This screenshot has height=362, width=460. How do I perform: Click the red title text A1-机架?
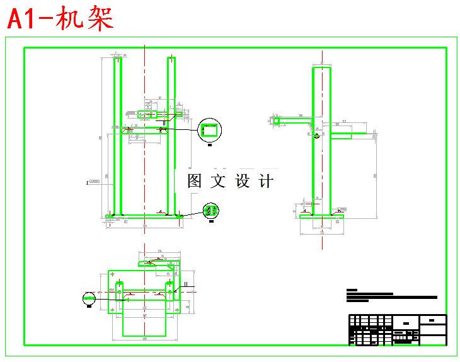(60, 19)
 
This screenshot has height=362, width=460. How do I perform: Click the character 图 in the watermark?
(195, 181)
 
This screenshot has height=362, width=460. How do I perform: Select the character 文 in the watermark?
(218, 181)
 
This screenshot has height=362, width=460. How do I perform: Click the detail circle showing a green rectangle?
(210, 131)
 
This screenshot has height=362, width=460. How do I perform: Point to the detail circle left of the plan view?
(89, 297)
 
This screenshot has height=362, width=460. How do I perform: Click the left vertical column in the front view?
(117, 136)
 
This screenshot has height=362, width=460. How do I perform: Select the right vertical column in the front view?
(171, 136)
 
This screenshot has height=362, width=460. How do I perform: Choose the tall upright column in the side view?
(321, 139)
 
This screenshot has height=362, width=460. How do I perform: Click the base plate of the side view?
(322, 216)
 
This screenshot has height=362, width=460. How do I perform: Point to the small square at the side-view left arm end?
(277, 120)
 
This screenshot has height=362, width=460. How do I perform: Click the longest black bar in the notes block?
(391, 297)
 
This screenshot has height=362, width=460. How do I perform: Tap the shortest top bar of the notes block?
(352, 290)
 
